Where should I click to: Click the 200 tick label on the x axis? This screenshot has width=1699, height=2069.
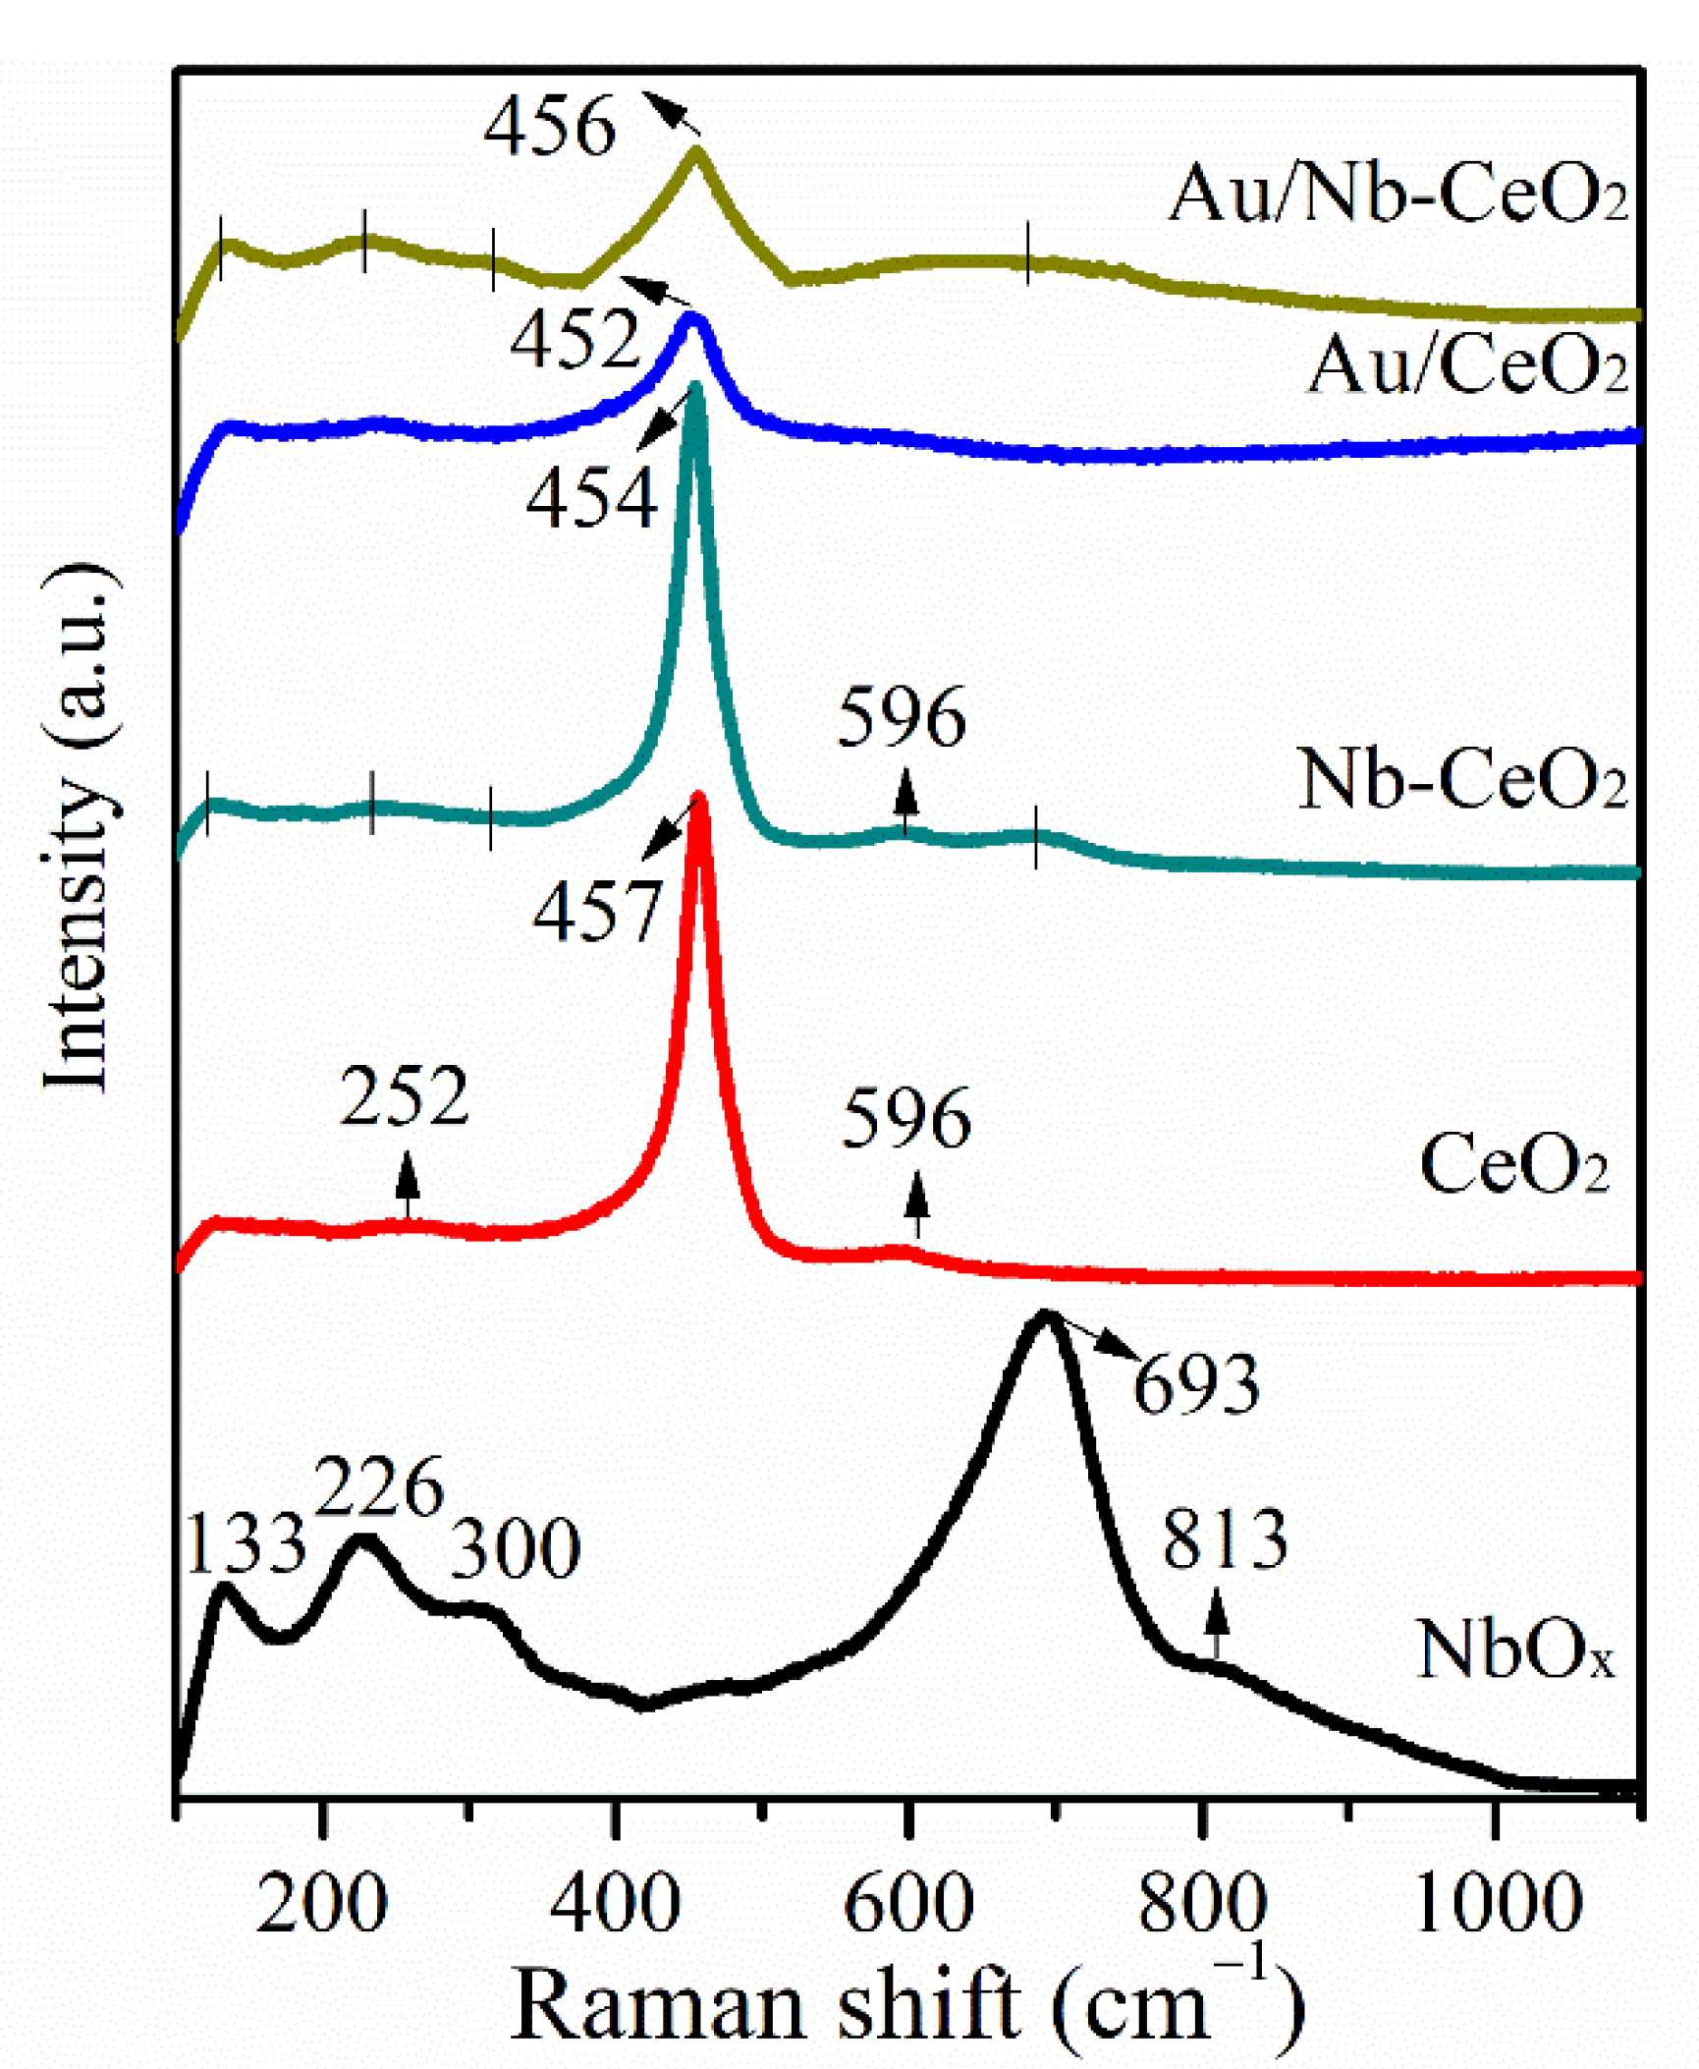tap(321, 1904)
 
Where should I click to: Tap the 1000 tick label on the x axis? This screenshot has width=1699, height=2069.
tap(1498, 1904)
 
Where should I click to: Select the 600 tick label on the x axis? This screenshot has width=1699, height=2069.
tap(908, 1904)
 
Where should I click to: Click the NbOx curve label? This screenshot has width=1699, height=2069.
tap(1515, 1650)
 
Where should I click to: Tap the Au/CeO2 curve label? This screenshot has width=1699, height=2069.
tap(1467, 364)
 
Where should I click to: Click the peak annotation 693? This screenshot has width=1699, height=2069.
tap(1195, 1384)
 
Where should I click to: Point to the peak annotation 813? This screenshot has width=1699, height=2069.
tap(1224, 1538)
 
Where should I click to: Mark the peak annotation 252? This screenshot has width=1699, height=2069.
tap(404, 1096)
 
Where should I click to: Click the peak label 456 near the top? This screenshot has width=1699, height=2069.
tap(550, 126)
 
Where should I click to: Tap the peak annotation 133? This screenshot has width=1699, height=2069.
tap(246, 1544)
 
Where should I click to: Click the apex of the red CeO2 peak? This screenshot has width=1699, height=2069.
tap(699, 798)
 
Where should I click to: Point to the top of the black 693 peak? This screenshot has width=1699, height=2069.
tap(1045, 1316)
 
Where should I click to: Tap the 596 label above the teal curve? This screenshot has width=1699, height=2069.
tap(901, 717)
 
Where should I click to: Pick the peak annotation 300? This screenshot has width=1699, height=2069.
tap(516, 1550)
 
